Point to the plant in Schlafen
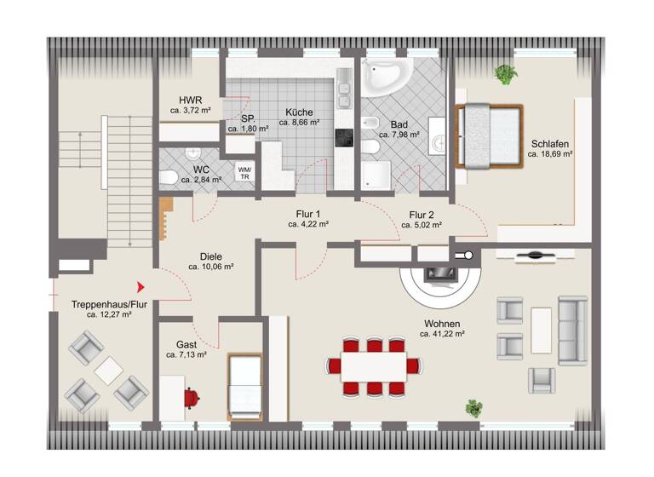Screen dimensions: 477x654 pos(506,74)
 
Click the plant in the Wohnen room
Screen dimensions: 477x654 pos(473,407)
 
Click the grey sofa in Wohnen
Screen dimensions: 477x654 pos(572,328)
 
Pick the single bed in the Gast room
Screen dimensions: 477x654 pos(244,385)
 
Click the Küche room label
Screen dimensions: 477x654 pos(299,112)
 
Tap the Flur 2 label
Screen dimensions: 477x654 pos(422,215)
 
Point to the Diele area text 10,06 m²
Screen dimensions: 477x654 pos(211,267)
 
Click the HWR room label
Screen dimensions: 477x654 pos(190,100)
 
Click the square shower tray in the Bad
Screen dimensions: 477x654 pos(376,177)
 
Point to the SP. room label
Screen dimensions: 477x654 pos(248,118)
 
